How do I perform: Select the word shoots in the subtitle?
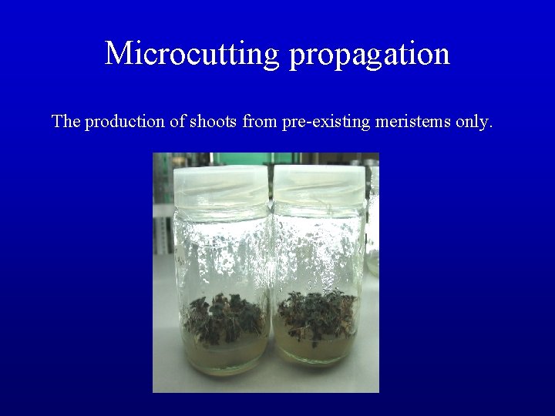click(x=213, y=122)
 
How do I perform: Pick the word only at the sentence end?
click(x=474, y=122)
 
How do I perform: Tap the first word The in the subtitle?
click(x=66, y=122)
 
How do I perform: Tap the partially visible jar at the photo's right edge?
click(x=372, y=223)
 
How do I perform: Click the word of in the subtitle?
click(x=176, y=122)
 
